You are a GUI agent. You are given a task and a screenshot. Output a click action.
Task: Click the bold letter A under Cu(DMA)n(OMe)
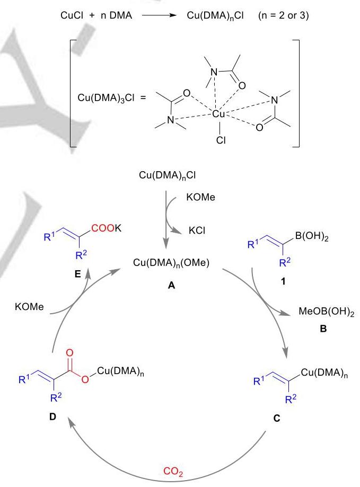171,285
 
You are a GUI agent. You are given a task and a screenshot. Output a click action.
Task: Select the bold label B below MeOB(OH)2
323,329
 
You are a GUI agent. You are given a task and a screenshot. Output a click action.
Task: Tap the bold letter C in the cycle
276,418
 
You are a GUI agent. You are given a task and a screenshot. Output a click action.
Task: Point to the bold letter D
52,417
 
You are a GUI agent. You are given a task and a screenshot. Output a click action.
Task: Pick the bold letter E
77,274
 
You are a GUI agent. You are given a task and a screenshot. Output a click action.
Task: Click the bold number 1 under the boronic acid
283,281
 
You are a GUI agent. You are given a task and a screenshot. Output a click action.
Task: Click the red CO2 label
173,472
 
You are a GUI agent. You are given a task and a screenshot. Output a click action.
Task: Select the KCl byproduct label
197,231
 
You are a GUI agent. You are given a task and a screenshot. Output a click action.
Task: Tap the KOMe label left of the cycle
29,307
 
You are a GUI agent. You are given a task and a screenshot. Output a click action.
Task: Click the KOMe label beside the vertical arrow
200,197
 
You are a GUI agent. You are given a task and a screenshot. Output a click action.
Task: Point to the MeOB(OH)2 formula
327,312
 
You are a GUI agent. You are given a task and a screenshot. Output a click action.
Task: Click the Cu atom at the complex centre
218,114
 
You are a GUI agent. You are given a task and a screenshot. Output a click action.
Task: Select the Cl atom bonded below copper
221,140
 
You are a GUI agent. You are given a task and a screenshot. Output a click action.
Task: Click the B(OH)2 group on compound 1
312,237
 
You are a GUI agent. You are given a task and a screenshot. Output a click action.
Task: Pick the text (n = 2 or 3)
283,15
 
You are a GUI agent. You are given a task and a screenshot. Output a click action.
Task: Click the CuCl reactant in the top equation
72,15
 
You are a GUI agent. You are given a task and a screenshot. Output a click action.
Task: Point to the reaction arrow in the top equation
159,15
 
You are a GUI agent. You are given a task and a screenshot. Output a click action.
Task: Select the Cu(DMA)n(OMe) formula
171,263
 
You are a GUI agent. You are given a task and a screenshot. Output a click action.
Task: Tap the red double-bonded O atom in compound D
69,353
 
